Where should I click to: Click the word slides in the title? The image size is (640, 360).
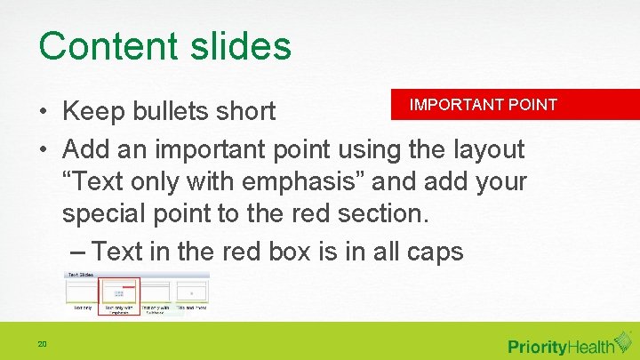243,46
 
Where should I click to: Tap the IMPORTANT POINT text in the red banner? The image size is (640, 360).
483,105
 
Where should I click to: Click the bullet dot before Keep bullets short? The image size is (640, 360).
43,113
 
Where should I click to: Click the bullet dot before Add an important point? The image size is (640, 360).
43,149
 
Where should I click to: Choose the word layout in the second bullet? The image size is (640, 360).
483,148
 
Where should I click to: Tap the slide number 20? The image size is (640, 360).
42,345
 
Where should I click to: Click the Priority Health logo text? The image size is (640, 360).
562,346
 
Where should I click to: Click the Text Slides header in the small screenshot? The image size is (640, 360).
81,276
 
